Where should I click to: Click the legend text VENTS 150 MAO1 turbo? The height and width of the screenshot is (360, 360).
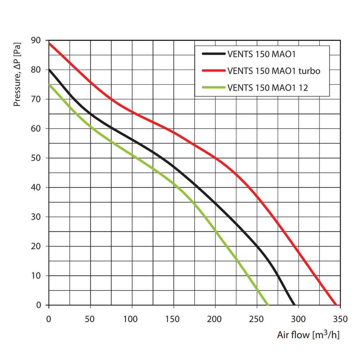point(274,71)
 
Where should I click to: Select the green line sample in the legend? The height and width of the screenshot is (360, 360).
point(213,87)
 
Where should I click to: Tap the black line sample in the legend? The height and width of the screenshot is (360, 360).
point(213,54)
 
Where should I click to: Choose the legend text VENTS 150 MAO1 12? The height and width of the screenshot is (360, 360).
point(268,87)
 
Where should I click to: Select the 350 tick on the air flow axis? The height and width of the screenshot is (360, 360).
point(340,319)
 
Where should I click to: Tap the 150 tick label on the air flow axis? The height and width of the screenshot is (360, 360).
point(174,319)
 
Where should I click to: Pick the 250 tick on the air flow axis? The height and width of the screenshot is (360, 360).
point(257,319)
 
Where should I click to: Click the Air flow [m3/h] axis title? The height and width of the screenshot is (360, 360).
point(308,335)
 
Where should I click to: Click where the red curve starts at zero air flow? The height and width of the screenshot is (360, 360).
point(49,43)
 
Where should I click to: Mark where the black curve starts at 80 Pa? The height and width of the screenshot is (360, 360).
point(49,69)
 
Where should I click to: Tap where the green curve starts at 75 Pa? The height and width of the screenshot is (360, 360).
point(49,84)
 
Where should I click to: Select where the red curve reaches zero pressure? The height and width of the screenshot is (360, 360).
point(336,305)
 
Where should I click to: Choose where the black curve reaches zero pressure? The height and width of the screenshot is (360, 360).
point(294,305)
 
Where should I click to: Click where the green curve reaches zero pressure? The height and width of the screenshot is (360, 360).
point(268,305)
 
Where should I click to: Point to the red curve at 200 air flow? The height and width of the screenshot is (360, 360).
point(215,158)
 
